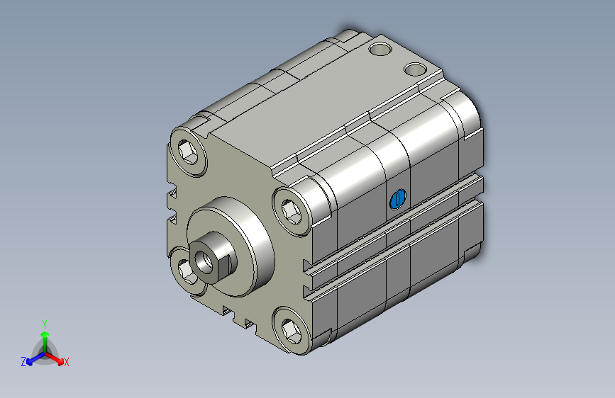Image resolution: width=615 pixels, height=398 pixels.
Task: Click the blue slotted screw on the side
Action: tap(398, 199)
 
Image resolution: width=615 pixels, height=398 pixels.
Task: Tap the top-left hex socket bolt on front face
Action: tap(189, 152)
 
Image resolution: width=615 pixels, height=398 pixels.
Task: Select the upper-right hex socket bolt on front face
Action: tap(292, 212)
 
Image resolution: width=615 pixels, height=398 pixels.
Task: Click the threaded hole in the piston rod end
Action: tap(204, 262)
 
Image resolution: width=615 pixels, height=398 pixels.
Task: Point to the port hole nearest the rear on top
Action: tap(380, 49)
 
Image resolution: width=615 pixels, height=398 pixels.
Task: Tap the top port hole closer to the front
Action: tap(416, 69)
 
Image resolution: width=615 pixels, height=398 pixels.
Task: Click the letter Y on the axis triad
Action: tap(45, 324)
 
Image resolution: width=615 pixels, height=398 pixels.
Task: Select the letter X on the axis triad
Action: tap(66, 362)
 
